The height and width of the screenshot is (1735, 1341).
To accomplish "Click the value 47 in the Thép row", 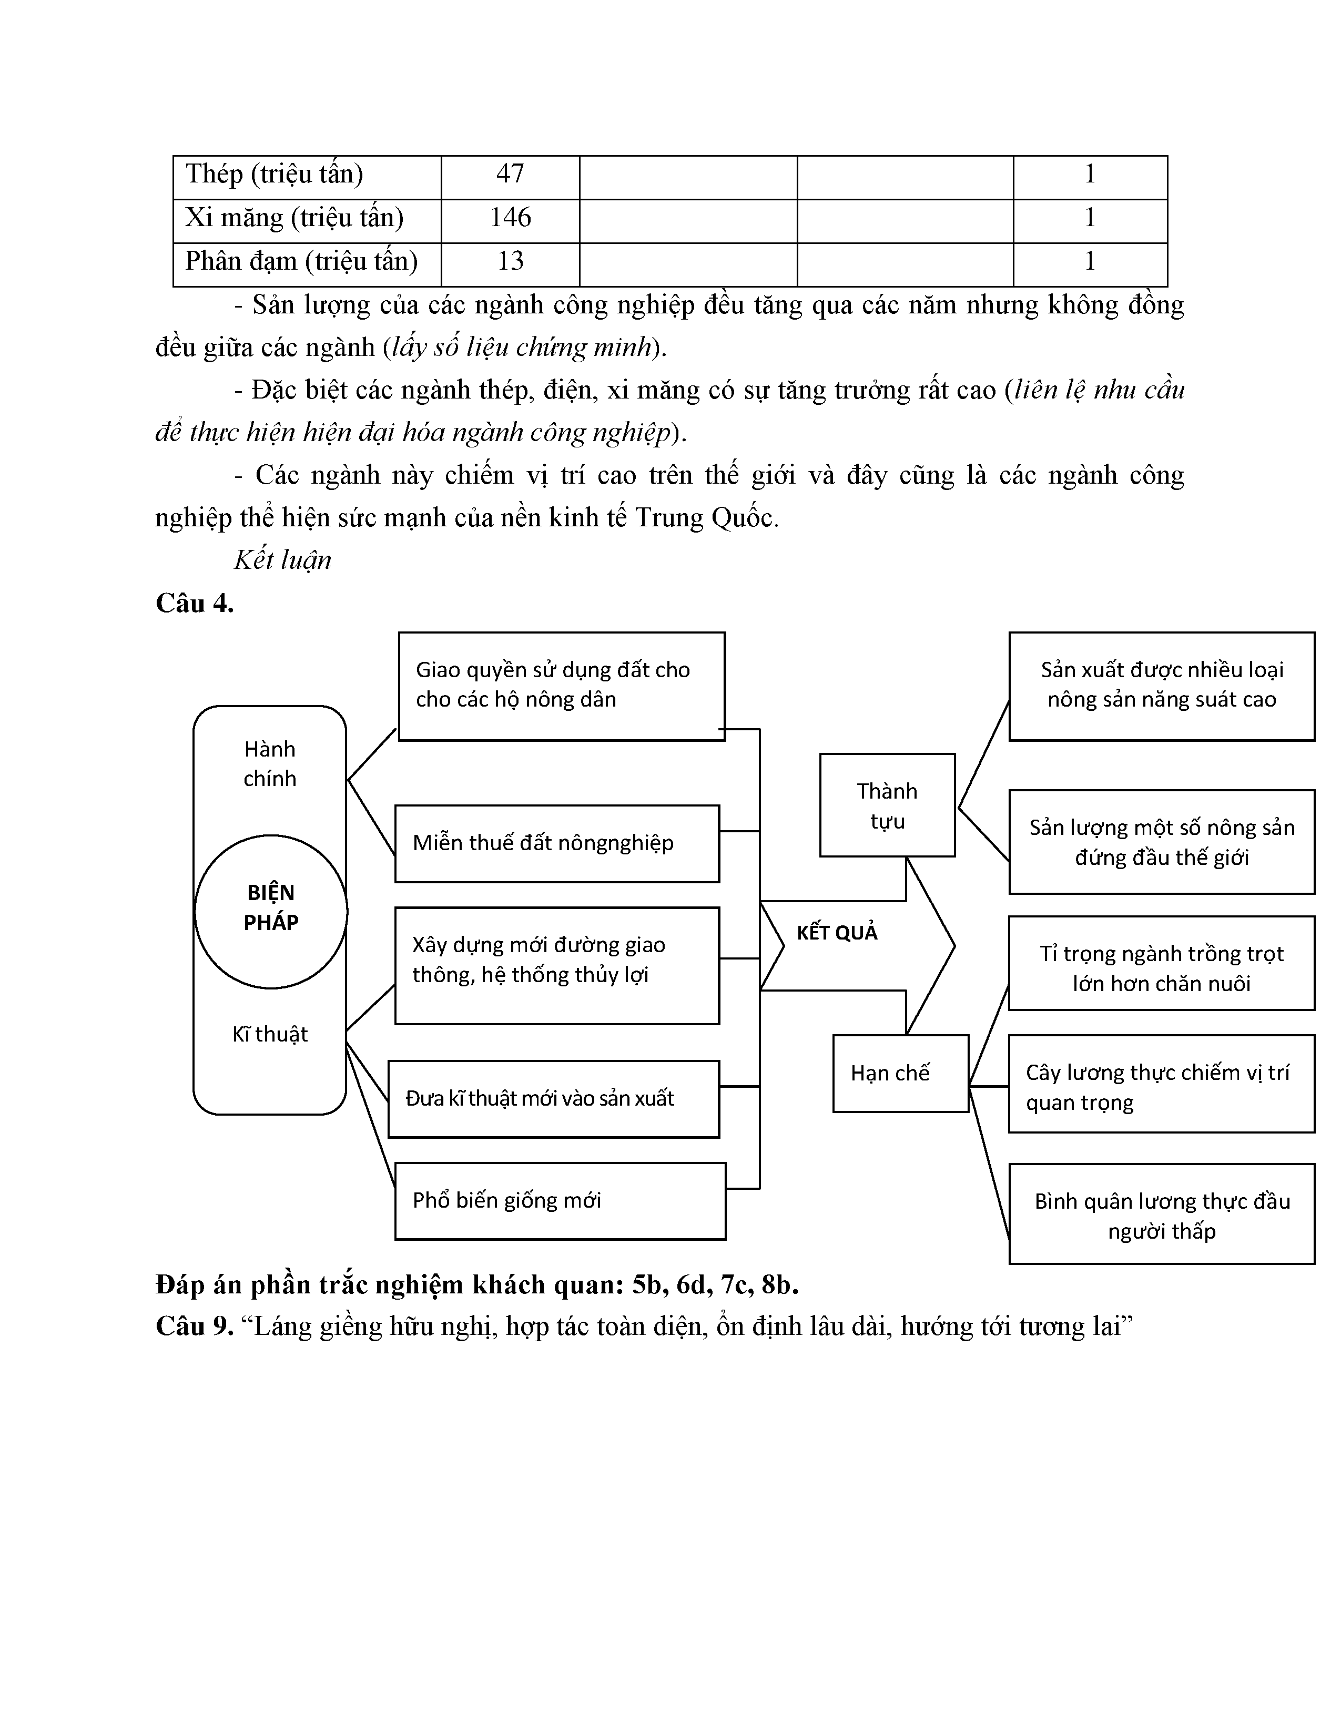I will coord(510,175).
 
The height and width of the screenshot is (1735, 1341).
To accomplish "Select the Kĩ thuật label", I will coord(270,1034).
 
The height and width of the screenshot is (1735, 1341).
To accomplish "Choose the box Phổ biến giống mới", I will coord(560,1200).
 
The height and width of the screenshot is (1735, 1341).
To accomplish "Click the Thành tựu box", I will coord(887,805).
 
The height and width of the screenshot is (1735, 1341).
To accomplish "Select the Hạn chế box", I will coord(900,1073).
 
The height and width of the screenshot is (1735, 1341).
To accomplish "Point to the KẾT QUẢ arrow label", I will coord(837,933).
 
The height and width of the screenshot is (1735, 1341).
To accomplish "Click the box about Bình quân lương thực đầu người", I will coord(1162,1216).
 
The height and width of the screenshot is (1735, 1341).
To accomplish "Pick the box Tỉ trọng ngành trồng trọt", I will coord(1162,967).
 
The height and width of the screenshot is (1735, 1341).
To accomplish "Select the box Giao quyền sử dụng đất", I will coord(561,685).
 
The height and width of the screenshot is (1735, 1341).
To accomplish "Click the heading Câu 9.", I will coord(195,1326).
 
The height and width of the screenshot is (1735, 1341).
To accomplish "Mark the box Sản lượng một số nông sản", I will coord(1162,842).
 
